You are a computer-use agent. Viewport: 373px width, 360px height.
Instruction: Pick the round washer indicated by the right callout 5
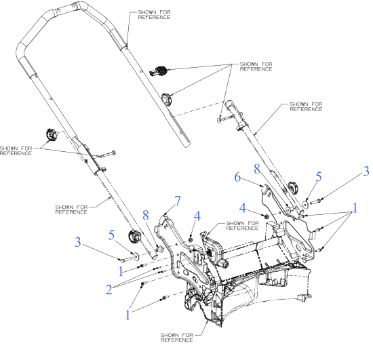tap(307, 201)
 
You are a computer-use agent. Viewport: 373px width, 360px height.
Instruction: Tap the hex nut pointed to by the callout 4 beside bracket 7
tap(192, 239)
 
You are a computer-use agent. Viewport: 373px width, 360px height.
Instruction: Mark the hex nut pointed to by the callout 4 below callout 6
tap(267, 217)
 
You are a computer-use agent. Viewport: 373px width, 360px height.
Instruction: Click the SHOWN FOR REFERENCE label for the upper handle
tap(154, 15)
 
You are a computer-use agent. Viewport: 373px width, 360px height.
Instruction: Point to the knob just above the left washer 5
tap(134, 237)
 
